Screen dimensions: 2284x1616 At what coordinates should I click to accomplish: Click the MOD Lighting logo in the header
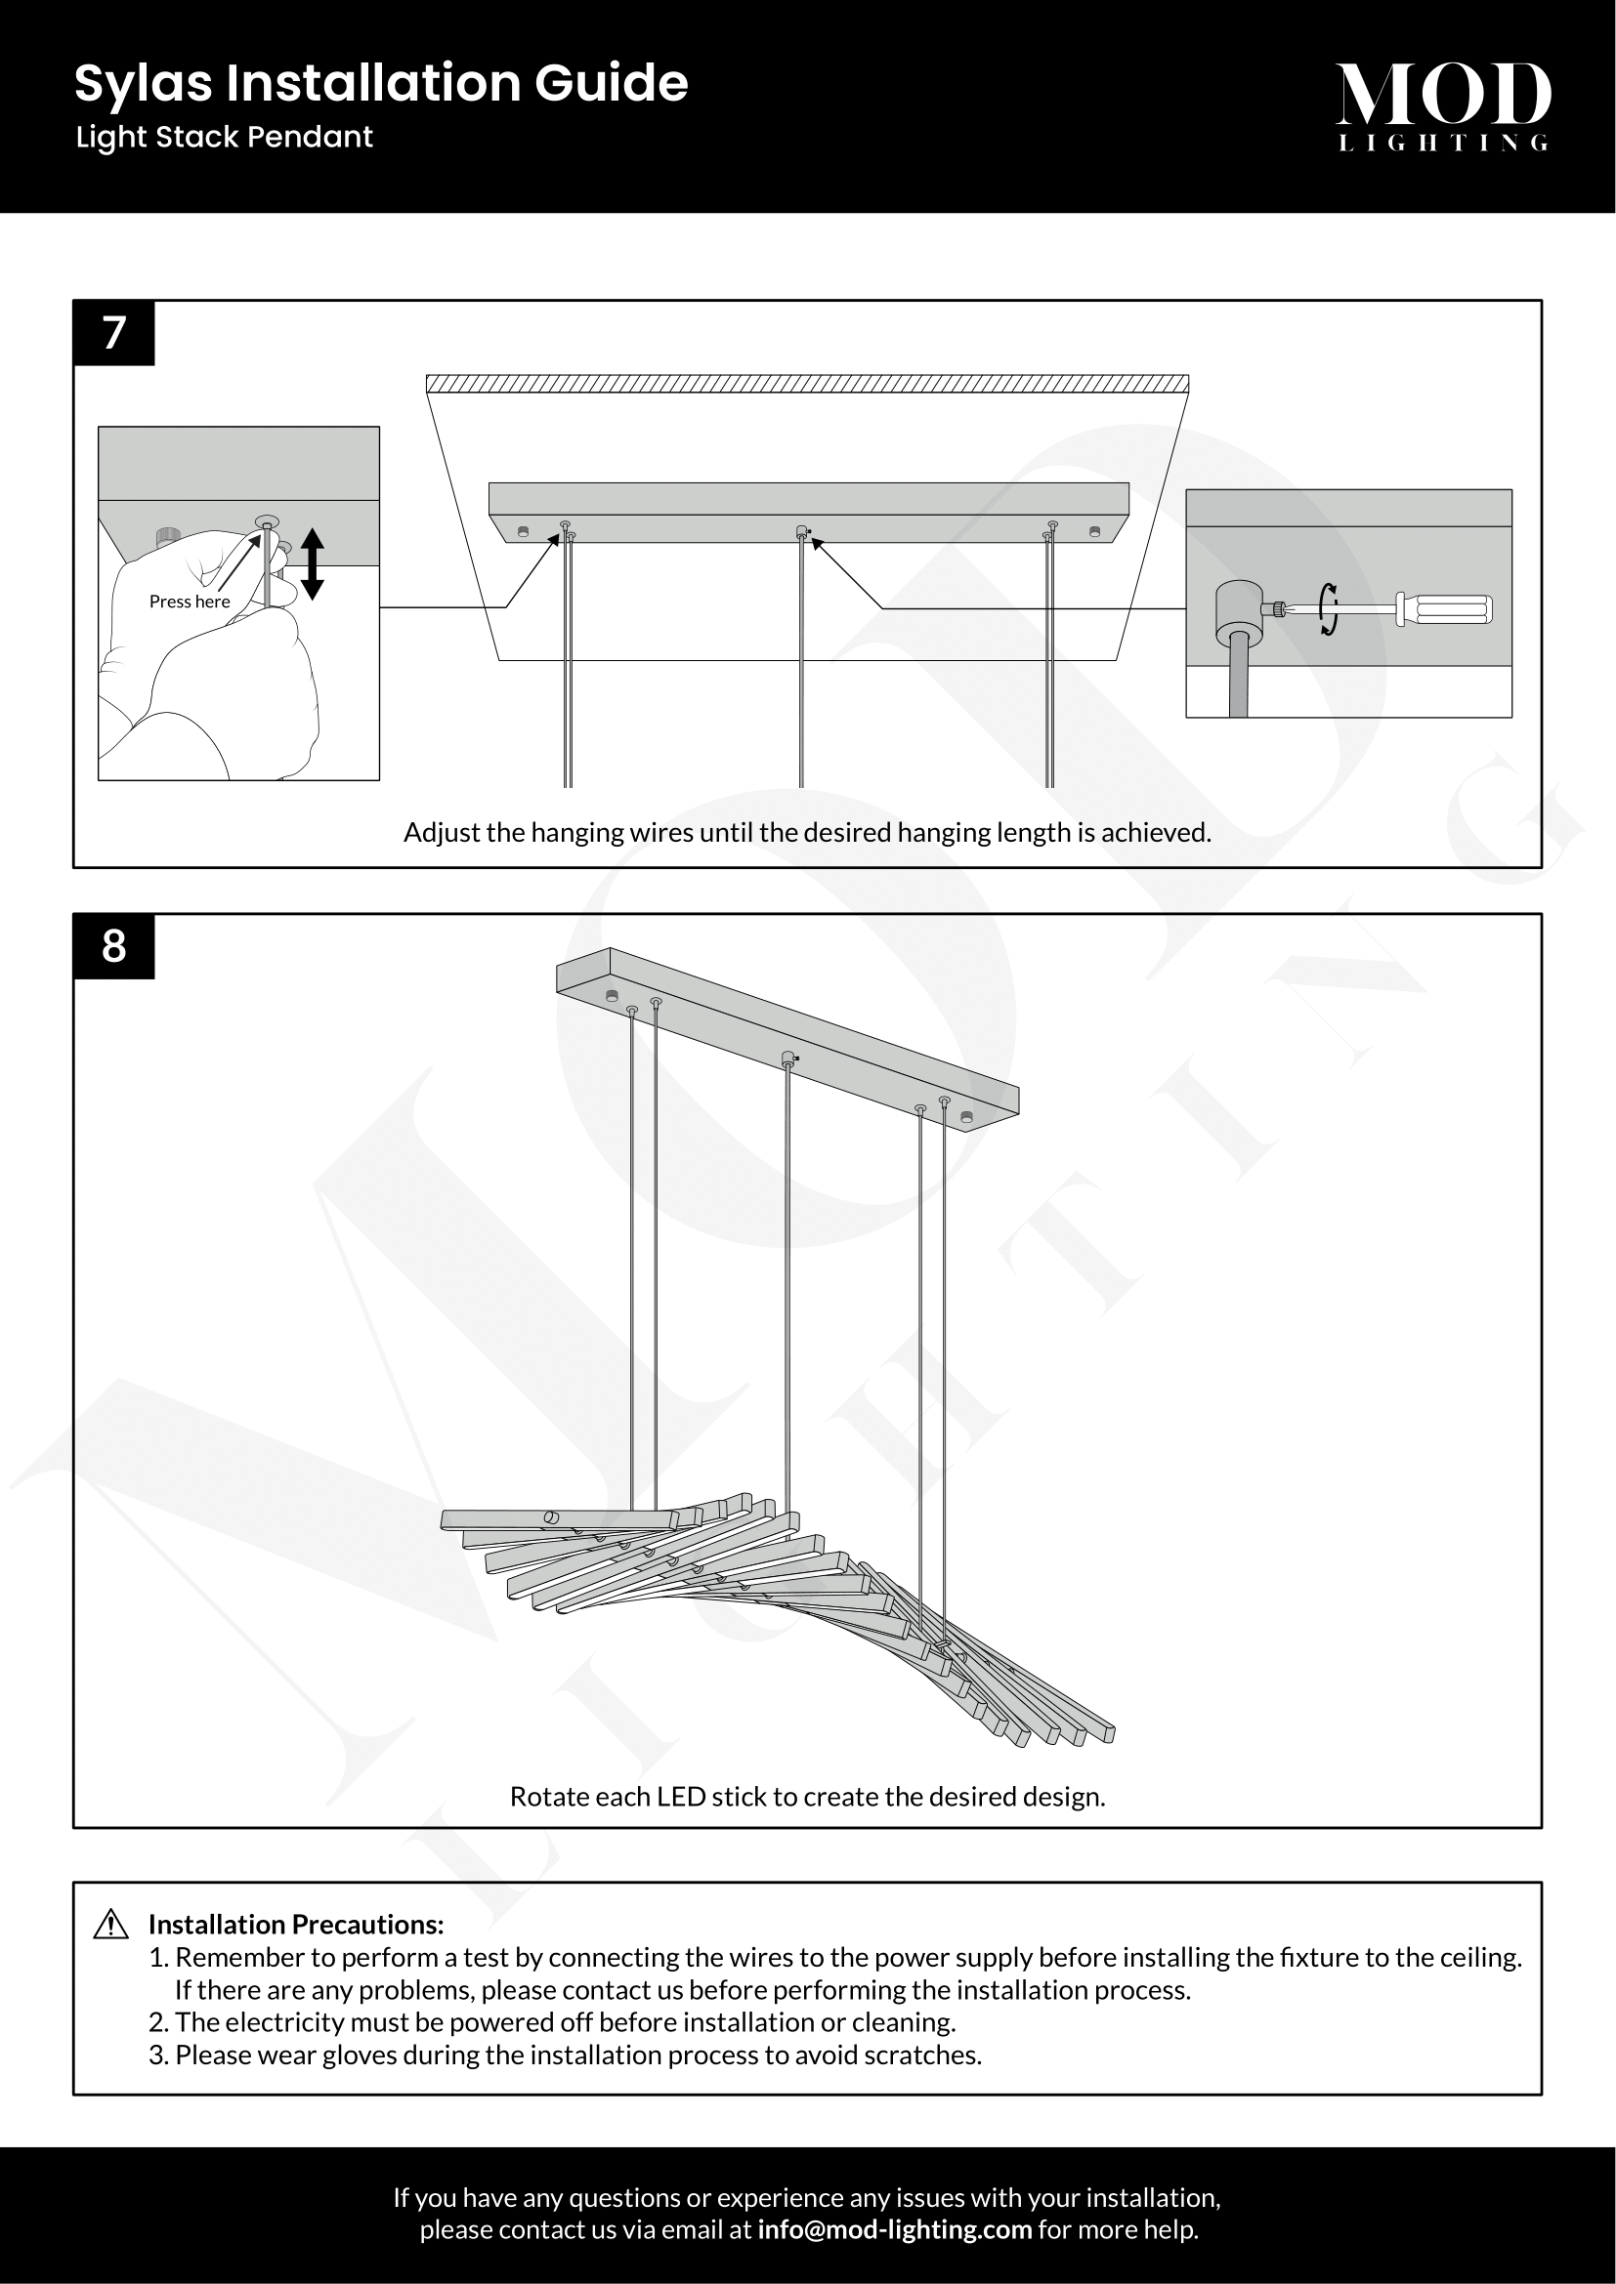coord(1443,105)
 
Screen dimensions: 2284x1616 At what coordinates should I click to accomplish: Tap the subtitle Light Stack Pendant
coord(224,138)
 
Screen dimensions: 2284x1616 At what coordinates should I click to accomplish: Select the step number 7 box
coord(114,333)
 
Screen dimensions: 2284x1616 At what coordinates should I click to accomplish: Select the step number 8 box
coord(114,946)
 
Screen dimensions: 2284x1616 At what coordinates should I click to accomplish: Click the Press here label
coord(190,602)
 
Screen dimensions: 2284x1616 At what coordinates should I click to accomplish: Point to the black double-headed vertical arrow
coord(313,564)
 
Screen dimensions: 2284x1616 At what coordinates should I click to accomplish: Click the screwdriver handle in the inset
coord(1445,608)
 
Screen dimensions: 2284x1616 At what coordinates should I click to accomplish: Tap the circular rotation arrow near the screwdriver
coord(1328,608)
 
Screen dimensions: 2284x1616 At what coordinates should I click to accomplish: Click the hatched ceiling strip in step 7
coord(807,384)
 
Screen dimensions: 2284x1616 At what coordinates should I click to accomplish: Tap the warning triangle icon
coord(110,1925)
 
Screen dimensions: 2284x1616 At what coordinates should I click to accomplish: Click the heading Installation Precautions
coord(295,1925)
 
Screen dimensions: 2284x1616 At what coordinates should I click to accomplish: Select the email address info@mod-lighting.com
coord(895,2229)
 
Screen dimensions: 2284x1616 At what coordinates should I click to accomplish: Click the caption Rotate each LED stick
coord(807,1797)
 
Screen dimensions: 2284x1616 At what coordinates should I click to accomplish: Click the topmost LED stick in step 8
coord(557,1519)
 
